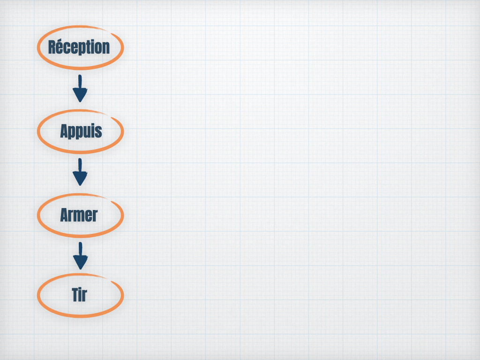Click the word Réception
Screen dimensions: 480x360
(79, 47)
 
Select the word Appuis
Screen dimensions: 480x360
(81, 131)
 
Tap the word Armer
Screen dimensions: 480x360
(79, 215)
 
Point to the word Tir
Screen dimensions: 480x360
(80, 295)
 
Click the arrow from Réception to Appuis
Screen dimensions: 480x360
(80, 89)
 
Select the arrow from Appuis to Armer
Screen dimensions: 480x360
(80, 172)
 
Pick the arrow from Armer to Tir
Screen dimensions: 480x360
(80, 256)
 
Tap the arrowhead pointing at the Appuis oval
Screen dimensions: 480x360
(80, 95)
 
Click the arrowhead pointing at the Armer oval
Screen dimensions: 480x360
(80, 179)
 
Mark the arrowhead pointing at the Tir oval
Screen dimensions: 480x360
(80, 262)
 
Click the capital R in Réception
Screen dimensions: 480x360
(52, 47)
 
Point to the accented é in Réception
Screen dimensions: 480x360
(61, 47)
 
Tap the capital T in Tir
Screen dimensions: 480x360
(75, 295)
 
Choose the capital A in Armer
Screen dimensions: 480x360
(64, 215)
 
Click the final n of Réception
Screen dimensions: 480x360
(106, 49)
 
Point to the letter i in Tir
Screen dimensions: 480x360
(81, 295)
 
